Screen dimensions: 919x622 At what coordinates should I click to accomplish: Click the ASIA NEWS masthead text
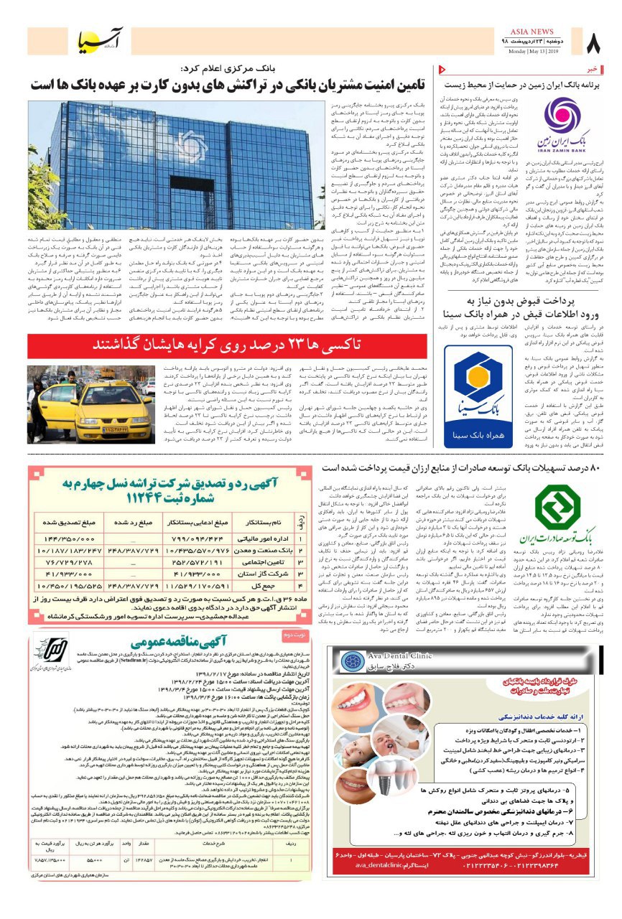click(532, 32)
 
